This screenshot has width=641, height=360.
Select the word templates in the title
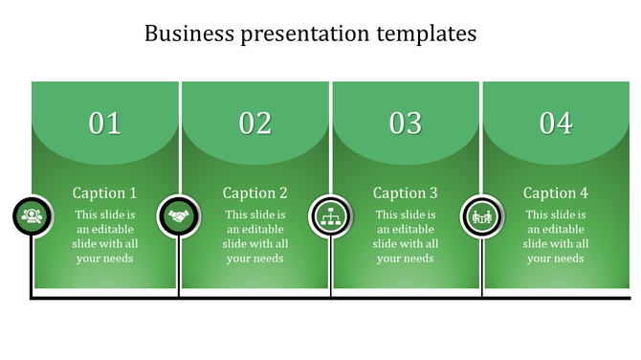[426, 34]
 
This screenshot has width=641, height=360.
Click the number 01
[105, 123]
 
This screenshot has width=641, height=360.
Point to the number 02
[255, 123]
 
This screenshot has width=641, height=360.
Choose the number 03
[406, 123]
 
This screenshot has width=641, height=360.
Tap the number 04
[556, 123]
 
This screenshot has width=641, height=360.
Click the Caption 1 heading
[105, 192]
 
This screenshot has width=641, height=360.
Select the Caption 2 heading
[255, 192]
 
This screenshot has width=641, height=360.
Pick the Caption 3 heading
[406, 192]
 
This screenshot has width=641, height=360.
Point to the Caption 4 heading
[556, 192]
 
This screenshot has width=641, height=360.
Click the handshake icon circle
[178, 216]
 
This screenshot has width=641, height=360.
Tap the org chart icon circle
[330, 216]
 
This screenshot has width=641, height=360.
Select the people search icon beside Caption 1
[33, 216]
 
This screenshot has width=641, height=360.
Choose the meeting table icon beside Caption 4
[480, 216]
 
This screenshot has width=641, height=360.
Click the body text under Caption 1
[105, 236]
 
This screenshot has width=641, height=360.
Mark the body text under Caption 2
[255, 236]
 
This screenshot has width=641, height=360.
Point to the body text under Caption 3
[406, 236]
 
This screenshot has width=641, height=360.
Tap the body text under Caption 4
[556, 236]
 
